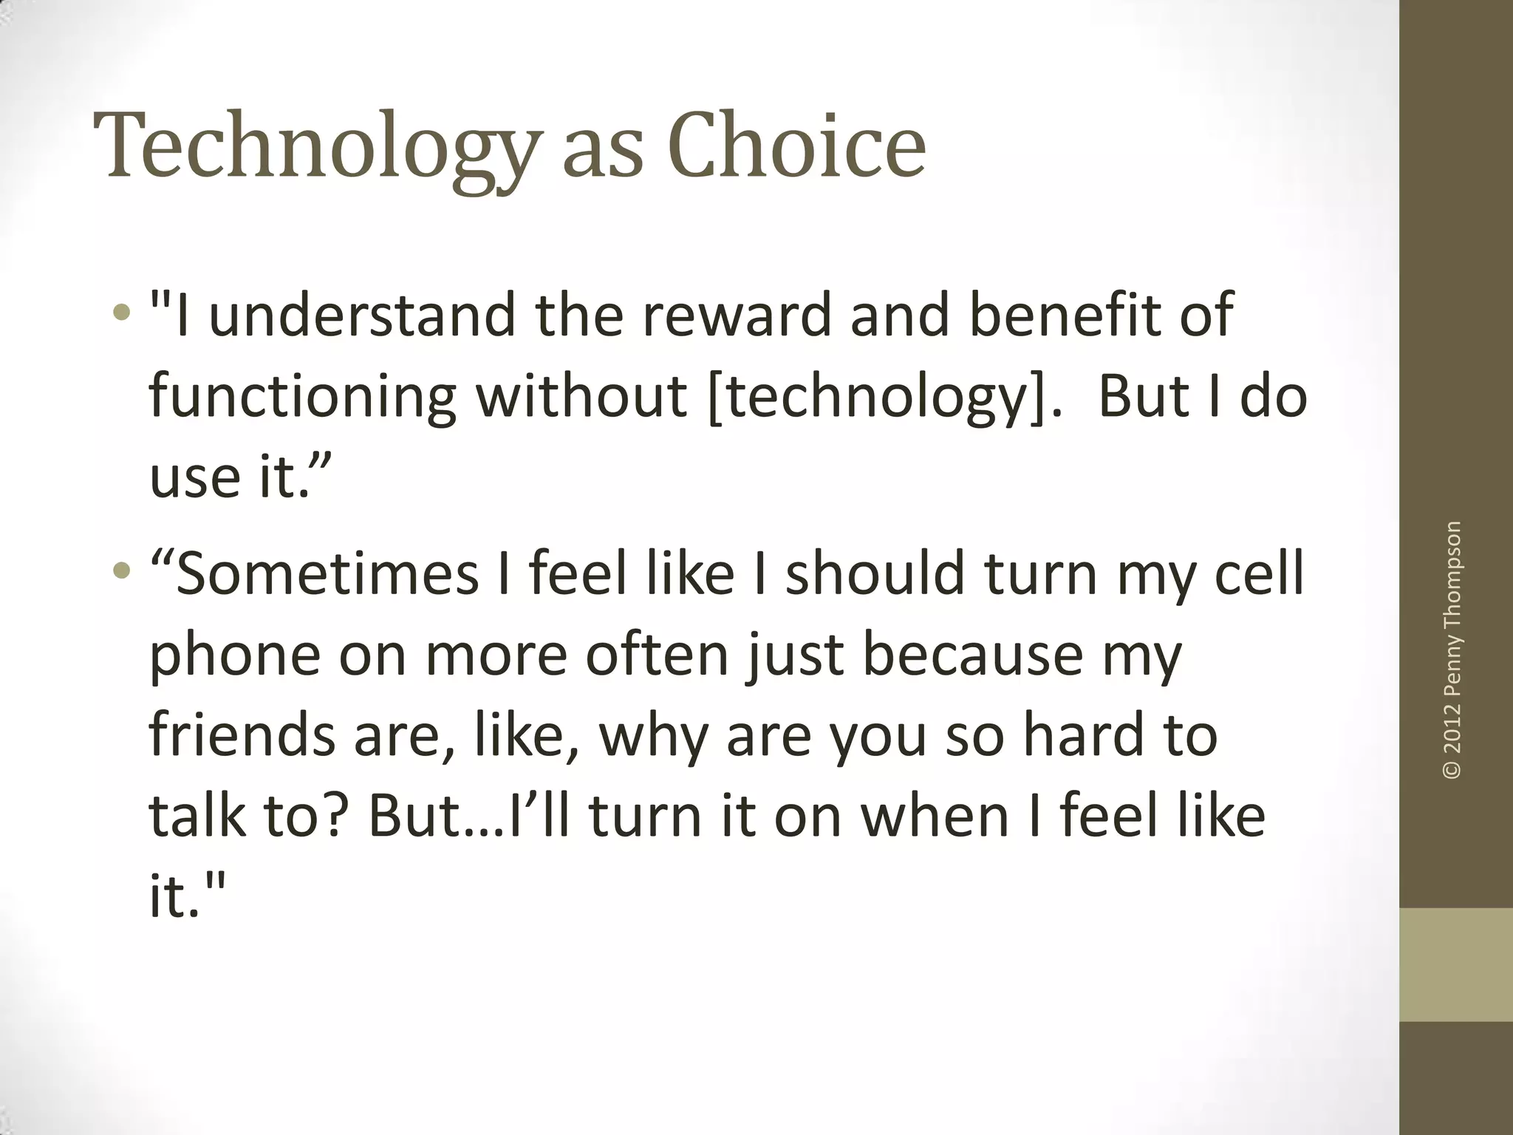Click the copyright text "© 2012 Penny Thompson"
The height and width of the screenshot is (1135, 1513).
[x=1452, y=650]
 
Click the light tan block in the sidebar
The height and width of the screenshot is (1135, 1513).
[x=1455, y=964]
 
